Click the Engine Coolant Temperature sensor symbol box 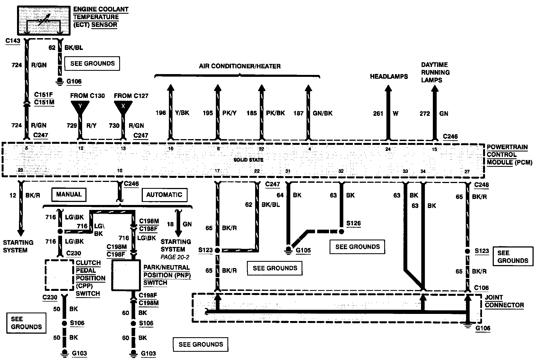tap(44, 21)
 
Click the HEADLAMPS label tap(389, 77)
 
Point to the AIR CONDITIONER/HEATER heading tap(239, 66)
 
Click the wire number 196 tap(161, 113)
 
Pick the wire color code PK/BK tap(275, 113)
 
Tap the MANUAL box tap(69, 195)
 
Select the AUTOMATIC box tap(164, 195)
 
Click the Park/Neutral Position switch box tap(126, 275)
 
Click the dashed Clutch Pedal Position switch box tap(59, 275)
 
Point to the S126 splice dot tap(341, 232)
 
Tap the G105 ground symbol tap(288, 249)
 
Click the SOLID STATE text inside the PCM tap(248, 160)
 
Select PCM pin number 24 tap(388, 149)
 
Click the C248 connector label tap(481, 185)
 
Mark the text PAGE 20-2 tap(175, 257)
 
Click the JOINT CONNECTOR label tap(504, 301)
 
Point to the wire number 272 tap(425, 114)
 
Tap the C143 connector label tap(13, 41)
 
